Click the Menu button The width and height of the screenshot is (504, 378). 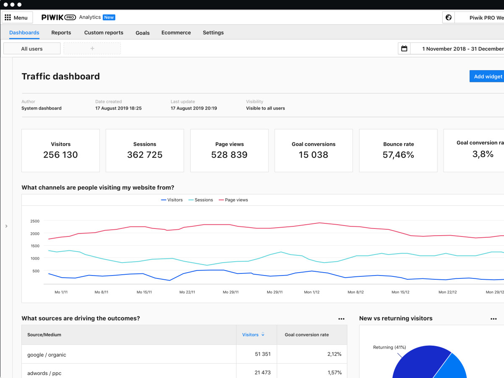(x=17, y=18)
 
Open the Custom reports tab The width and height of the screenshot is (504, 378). (x=104, y=33)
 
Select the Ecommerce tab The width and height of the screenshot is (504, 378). (x=176, y=33)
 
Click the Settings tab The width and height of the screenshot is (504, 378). (x=213, y=33)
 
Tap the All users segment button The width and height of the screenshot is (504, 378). (x=32, y=49)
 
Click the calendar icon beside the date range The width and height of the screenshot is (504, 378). (x=404, y=49)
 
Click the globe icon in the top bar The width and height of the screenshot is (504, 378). (x=449, y=18)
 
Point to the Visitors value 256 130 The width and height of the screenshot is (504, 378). (x=60, y=155)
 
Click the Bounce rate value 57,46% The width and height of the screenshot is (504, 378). (x=398, y=155)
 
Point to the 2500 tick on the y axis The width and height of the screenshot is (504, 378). (x=35, y=221)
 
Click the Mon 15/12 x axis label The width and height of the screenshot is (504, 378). (x=400, y=292)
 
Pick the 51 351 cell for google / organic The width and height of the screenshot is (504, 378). (x=262, y=354)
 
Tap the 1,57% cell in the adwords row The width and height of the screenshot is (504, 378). (x=334, y=373)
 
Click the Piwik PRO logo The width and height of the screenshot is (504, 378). (x=58, y=17)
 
